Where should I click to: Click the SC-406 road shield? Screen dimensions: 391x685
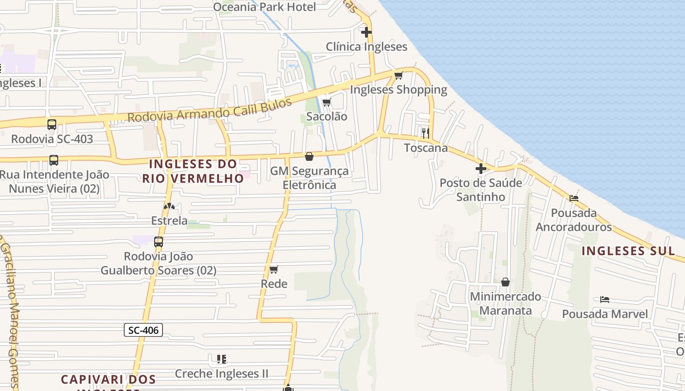[x=143, y=330]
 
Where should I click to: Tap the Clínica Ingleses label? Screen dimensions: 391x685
[x=366, y=47]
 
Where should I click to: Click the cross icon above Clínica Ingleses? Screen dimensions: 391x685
[x=366, y=32]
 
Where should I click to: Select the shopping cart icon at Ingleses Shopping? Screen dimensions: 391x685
[x=398, y=75]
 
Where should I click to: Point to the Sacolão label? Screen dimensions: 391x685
[x=326, y=116]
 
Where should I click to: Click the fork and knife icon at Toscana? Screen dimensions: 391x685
[x=426, y=132]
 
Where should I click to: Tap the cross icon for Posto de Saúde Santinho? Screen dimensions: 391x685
[x=481, y=169]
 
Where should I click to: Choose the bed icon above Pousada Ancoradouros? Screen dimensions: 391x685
[x=574, y=198]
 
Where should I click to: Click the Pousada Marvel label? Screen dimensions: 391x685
[x=605, y=314]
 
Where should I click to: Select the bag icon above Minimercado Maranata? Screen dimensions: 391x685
[x=505, y=282]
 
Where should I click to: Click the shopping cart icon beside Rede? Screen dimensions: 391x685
[x=274, y=269]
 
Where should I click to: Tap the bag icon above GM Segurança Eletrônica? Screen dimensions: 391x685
[x=309, y=156]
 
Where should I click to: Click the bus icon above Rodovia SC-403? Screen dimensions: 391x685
[x=52, y=125]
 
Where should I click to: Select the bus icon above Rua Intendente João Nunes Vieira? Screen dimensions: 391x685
[x=54, y=160]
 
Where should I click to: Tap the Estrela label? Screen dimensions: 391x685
[x=169, y=220]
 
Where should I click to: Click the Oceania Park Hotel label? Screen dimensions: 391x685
[x=264, y=7]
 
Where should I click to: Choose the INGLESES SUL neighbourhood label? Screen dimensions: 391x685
[x=628, y=251]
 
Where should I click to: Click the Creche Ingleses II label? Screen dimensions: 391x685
[x=222, y=374]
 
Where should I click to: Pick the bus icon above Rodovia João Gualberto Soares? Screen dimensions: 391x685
[x=159, y=241]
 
